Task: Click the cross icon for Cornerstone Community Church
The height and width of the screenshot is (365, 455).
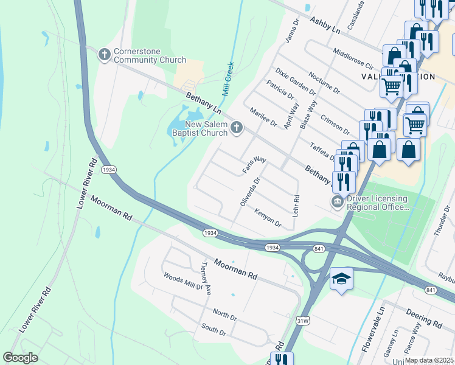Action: [x=104, y=55]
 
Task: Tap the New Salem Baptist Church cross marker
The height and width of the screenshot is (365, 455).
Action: [x=237, y=128]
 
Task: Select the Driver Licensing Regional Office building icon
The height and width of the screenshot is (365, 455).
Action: [x=336, y=201]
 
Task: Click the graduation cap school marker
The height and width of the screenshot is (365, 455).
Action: [x=341, y=279]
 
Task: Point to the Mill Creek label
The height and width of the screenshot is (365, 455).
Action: [x=228, y=79]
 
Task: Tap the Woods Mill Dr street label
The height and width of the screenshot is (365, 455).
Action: [x=182, y=282]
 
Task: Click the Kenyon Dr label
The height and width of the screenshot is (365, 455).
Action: [x=268, y=218]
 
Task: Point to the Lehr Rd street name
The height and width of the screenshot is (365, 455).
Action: [x=296, y=206]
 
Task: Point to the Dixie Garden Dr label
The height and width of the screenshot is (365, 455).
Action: [x=294, y=82]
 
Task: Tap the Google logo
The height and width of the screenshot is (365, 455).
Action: [x=20, y=358]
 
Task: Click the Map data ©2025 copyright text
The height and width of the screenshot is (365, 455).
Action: [x=428, y=360]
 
